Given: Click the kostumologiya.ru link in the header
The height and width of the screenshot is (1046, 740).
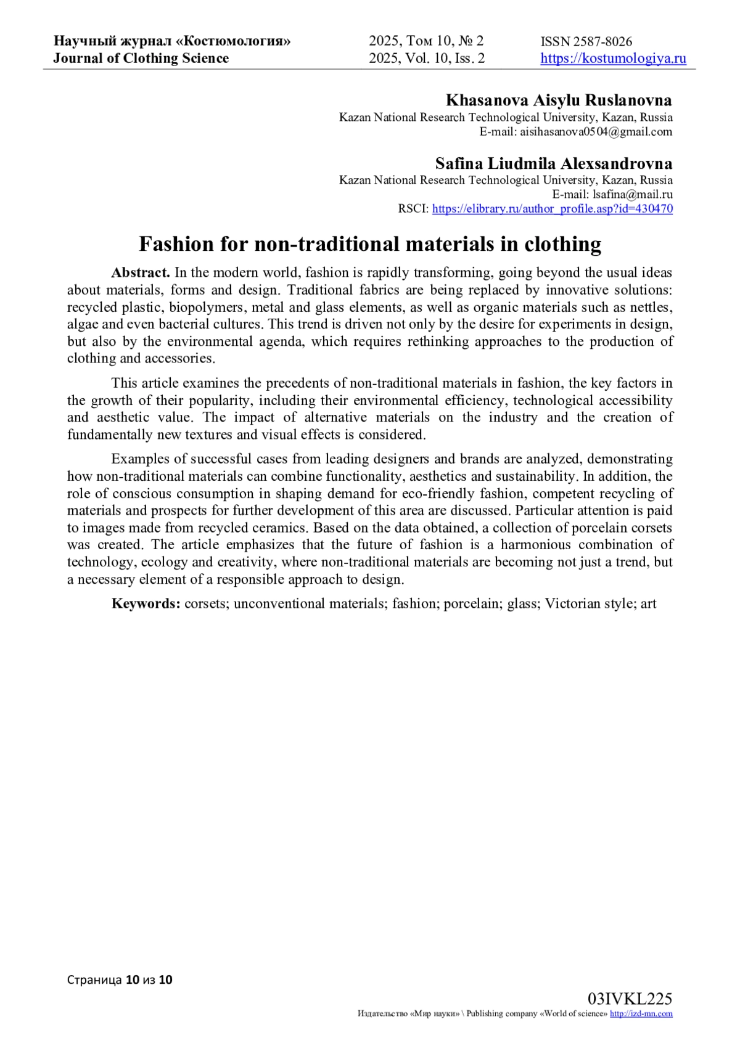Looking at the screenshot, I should (x=613, y=59).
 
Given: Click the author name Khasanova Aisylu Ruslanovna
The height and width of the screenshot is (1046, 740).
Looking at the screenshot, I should (x=559, y=100).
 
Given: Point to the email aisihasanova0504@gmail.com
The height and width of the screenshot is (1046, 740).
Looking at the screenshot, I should (x=596, y=131).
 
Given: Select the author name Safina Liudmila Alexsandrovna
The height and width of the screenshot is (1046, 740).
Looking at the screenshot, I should (x=553, y=163).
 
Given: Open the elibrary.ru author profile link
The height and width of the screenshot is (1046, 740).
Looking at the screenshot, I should (x=552, y=208).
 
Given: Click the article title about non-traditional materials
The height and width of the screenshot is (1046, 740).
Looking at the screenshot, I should (x=370, y=244).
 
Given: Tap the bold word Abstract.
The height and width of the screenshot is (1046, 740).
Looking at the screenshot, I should (x=141, y=272).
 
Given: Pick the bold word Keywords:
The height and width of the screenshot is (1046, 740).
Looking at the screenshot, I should (x=146, y=603).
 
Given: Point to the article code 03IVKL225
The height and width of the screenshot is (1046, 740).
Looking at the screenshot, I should (x=630, y=998).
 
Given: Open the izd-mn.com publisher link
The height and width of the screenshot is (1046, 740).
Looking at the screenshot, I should (x=641, y=1013).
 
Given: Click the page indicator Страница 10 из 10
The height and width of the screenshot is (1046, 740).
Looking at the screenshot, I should (x=120, y=979).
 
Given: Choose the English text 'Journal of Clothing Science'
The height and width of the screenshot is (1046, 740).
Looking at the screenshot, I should (x=141, y=59).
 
